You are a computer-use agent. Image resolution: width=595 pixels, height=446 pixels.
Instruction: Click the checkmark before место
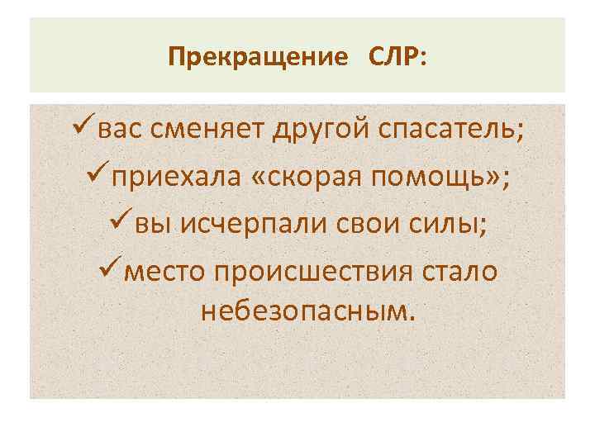coord(109,269)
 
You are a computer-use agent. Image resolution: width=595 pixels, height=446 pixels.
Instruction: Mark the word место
coord(164,270)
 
